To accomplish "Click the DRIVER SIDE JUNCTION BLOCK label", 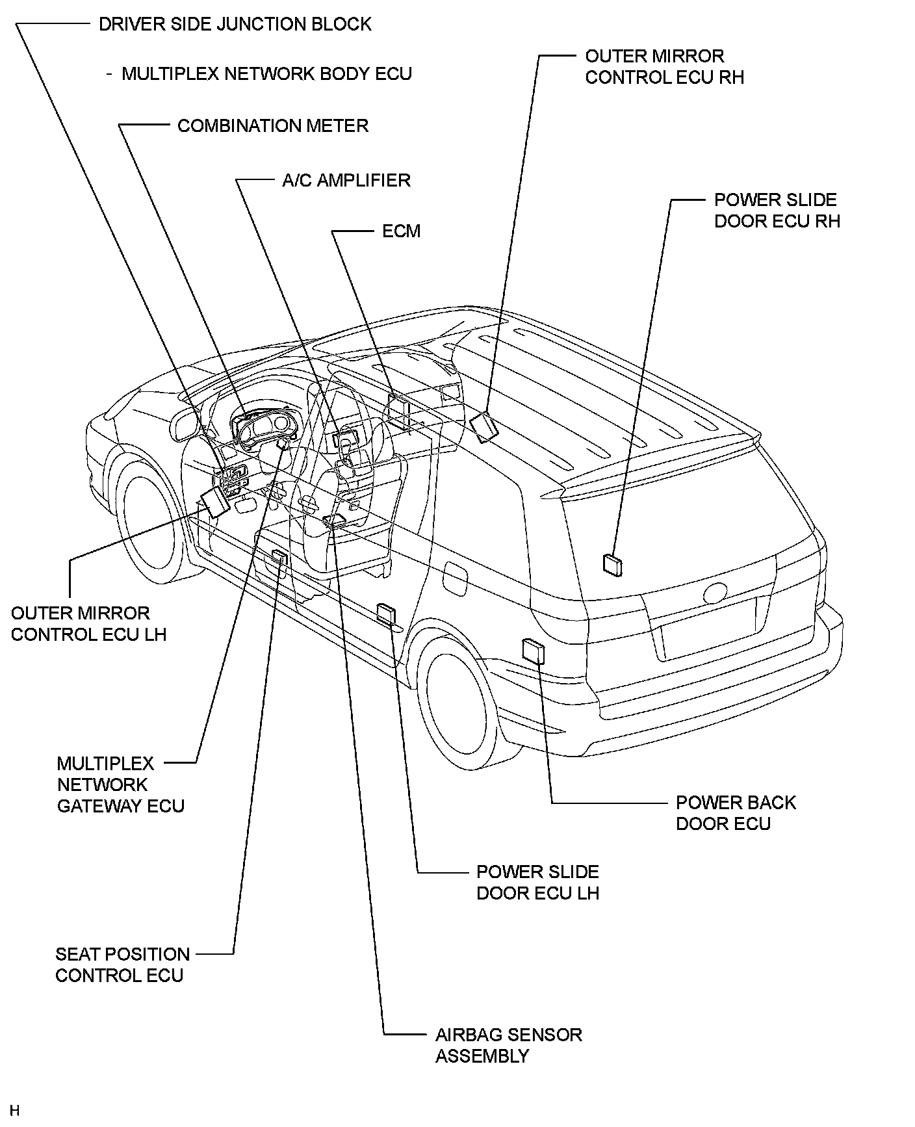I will point(235,25).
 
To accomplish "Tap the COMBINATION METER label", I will point(272,126).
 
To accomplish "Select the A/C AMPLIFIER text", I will point(346,181).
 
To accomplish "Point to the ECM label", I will point(401,231).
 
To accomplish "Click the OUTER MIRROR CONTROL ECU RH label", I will point(664,67).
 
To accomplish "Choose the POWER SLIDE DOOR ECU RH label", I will point(777,211).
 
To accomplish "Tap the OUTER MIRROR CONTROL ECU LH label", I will point(88,624).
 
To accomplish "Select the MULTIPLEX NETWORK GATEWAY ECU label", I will point(120,784).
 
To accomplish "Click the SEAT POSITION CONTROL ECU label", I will point(122,965).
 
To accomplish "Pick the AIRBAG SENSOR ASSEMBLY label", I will point(508,1045).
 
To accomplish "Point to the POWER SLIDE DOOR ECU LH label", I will point(537,883).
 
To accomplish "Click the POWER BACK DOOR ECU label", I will point(735,813).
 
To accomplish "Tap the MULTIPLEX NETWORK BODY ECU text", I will point(266,73).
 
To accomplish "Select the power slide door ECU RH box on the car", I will point(613,565).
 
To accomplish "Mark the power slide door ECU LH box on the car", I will point(386,614).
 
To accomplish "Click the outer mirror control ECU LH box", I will point(214,501).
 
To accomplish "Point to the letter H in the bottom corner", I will point(15,1109).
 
